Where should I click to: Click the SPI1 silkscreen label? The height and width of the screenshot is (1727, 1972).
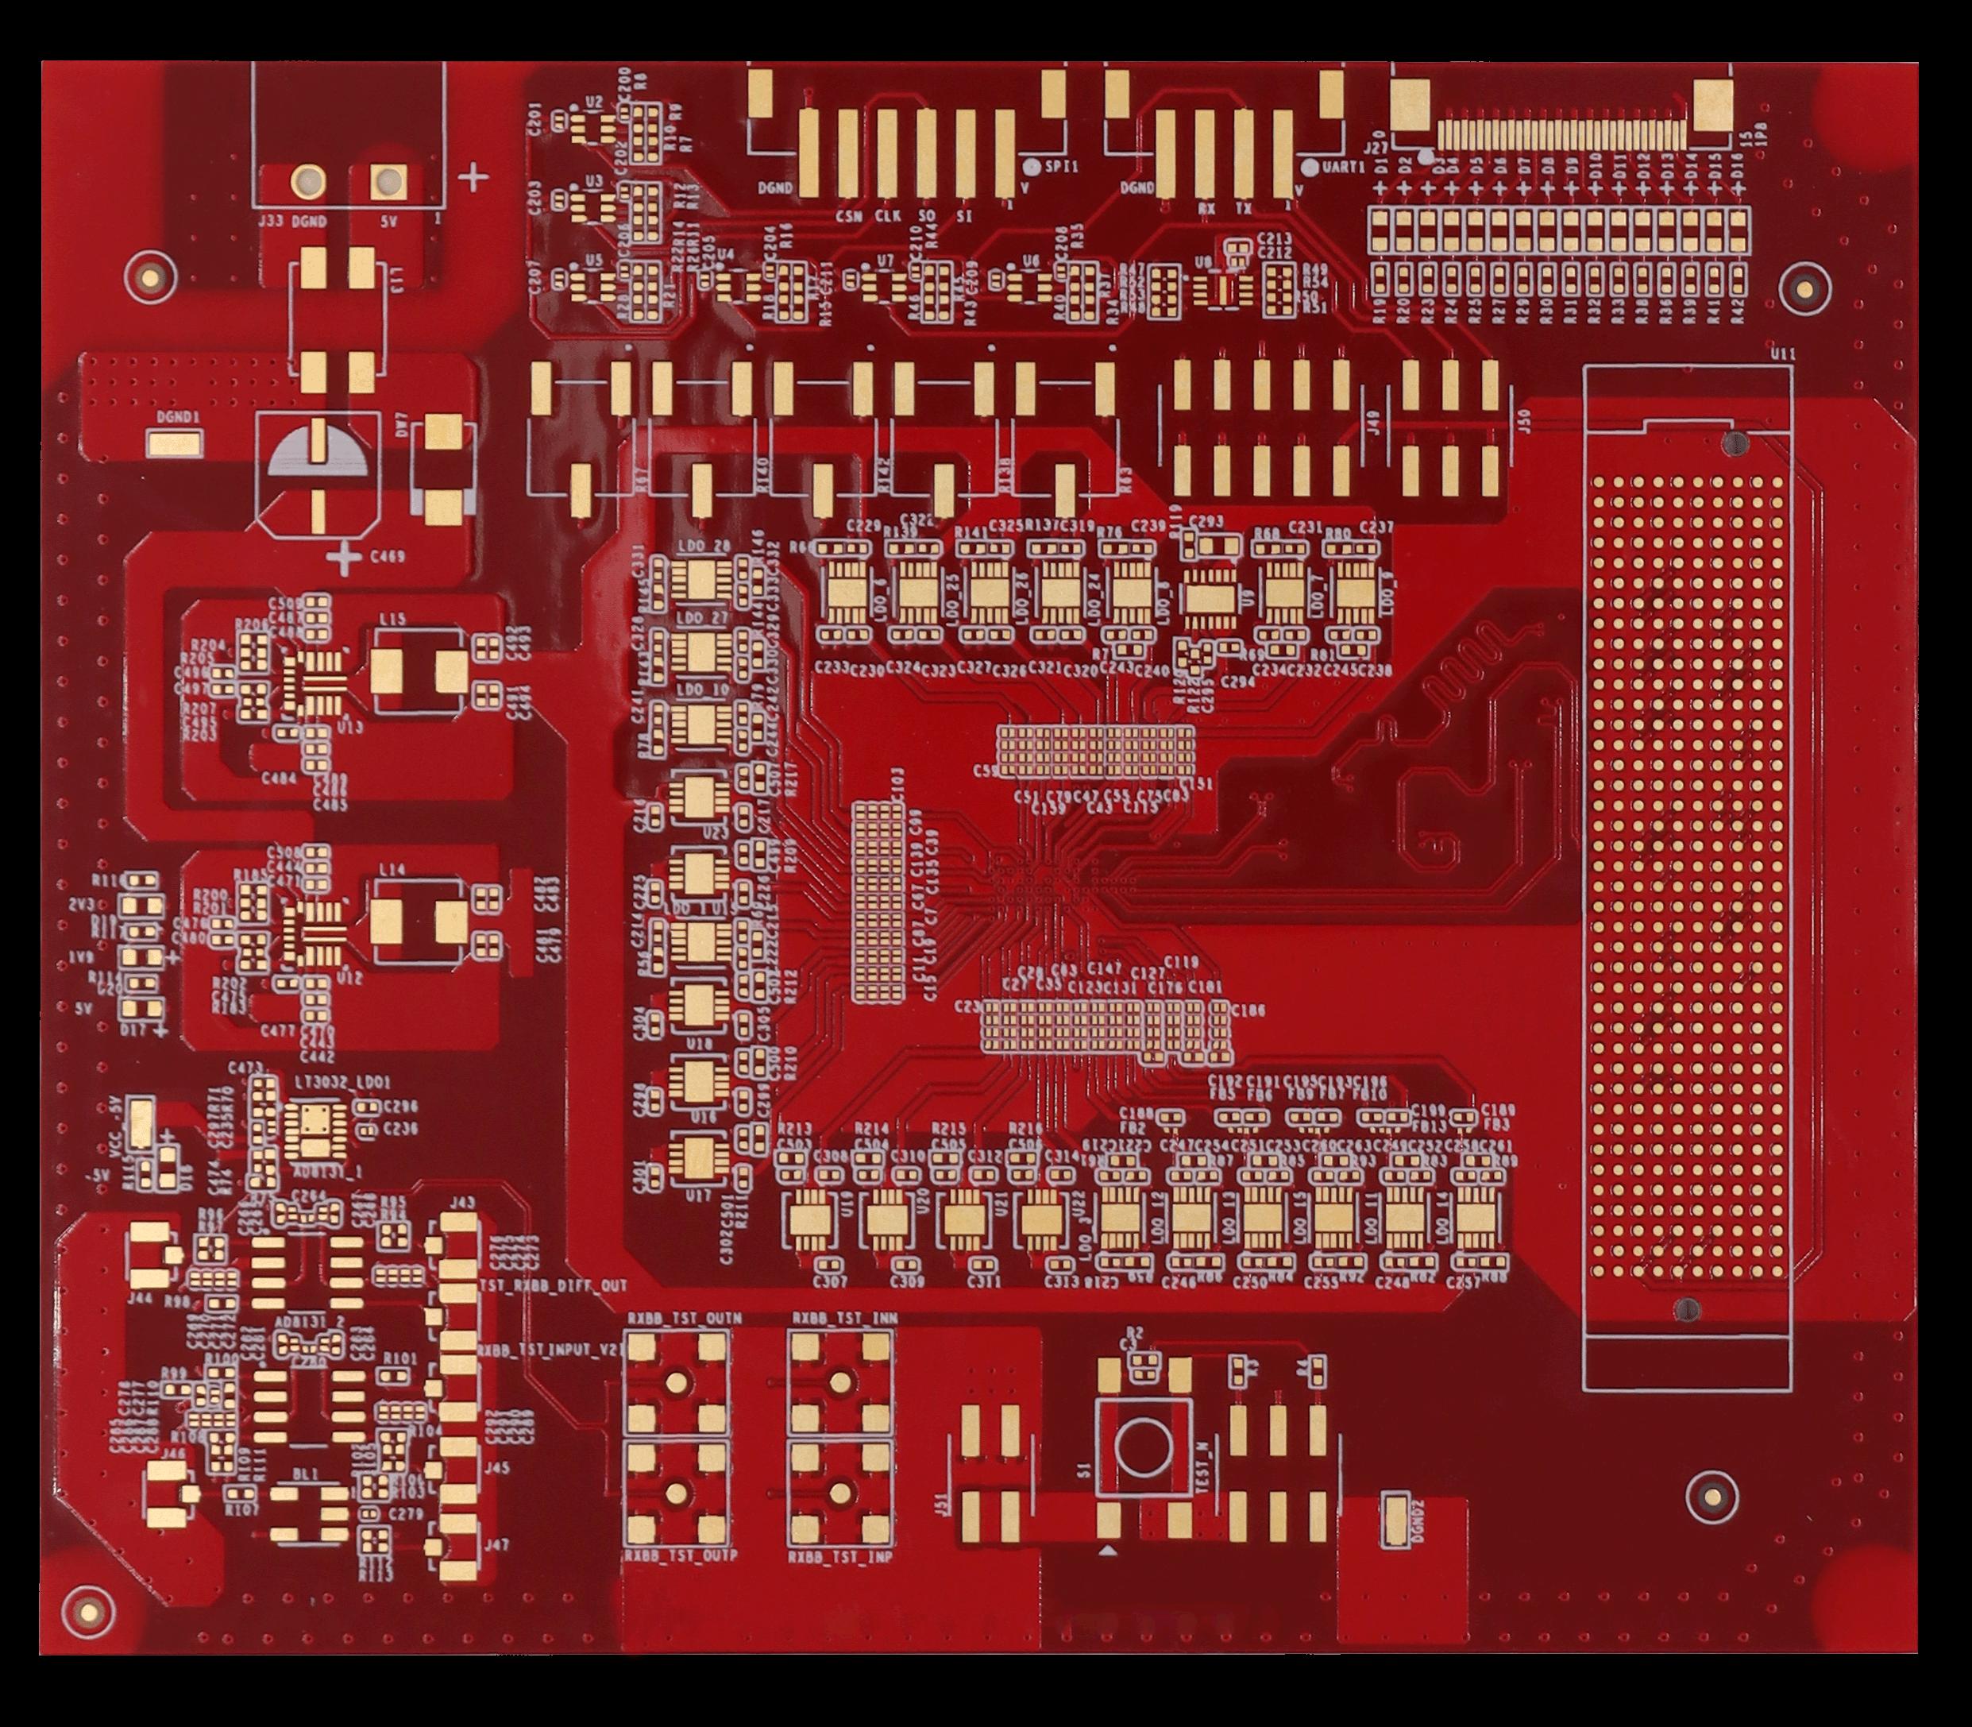(x=1062, y=167)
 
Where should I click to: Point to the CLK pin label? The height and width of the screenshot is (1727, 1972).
(x=887, y=216)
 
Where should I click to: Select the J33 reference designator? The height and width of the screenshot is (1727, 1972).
(x=271, y=222)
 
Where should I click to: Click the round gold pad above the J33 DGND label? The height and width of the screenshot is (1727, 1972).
(x=309, y=180)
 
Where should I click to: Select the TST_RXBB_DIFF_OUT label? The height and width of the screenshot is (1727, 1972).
(x=553, y=1285)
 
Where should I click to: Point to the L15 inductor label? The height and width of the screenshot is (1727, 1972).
(x=393, y=620)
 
